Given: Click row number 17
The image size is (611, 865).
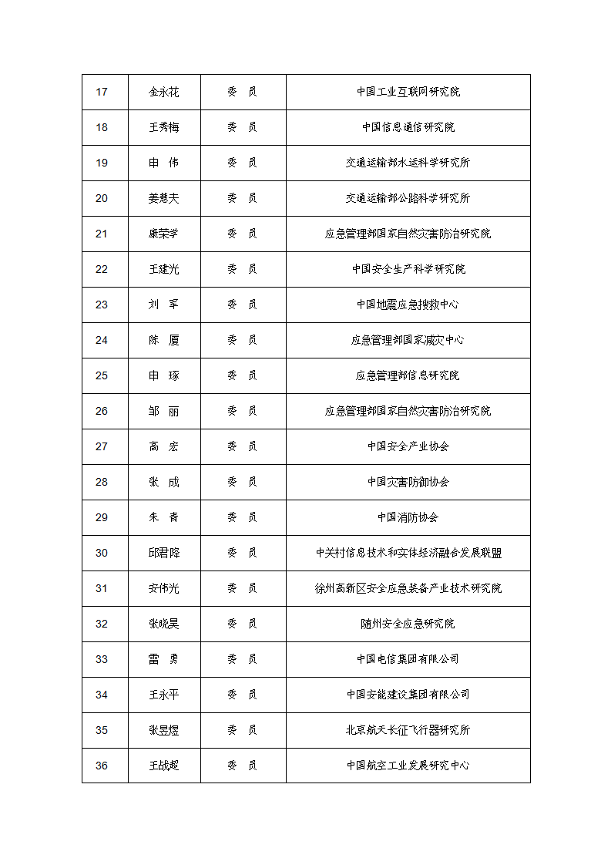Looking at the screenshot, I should [x=102, y=93].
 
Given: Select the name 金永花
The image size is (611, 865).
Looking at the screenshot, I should [x=164, y=93].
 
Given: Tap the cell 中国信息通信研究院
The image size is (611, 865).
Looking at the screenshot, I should [x=408, y=128].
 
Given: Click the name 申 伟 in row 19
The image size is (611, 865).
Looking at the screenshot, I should [x=164, y=163].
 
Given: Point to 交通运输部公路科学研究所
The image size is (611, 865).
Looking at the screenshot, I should [x=408, y=199].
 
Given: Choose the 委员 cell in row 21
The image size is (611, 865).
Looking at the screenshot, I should [x=243, y=234].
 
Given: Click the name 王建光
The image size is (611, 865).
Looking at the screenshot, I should [x=164, y=270].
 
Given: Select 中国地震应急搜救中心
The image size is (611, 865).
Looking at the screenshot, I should [x=408, y=305].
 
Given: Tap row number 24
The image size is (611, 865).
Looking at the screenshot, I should [x=102, y=341].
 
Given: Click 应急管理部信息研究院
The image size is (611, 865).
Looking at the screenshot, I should [x=408, y=376].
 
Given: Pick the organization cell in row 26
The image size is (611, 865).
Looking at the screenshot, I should [x=408, y=412].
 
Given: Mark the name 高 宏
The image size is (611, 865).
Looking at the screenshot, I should [x=164, y=447].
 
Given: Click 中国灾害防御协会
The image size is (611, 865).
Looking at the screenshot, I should [x=408, y=483].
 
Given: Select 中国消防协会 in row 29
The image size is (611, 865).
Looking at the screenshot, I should [x=408, y=518].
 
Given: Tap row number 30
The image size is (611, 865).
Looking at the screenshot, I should [x=102, y=554].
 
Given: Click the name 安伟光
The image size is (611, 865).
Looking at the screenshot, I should [x=164, y=589].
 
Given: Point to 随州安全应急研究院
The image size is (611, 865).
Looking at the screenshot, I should [x=408, y=624].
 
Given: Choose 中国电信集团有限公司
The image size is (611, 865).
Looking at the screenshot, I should [x=408, y=660].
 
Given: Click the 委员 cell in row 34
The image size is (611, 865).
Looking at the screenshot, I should [x=243, y=695].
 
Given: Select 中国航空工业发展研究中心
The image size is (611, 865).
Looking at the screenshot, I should [x=408, y=766].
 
